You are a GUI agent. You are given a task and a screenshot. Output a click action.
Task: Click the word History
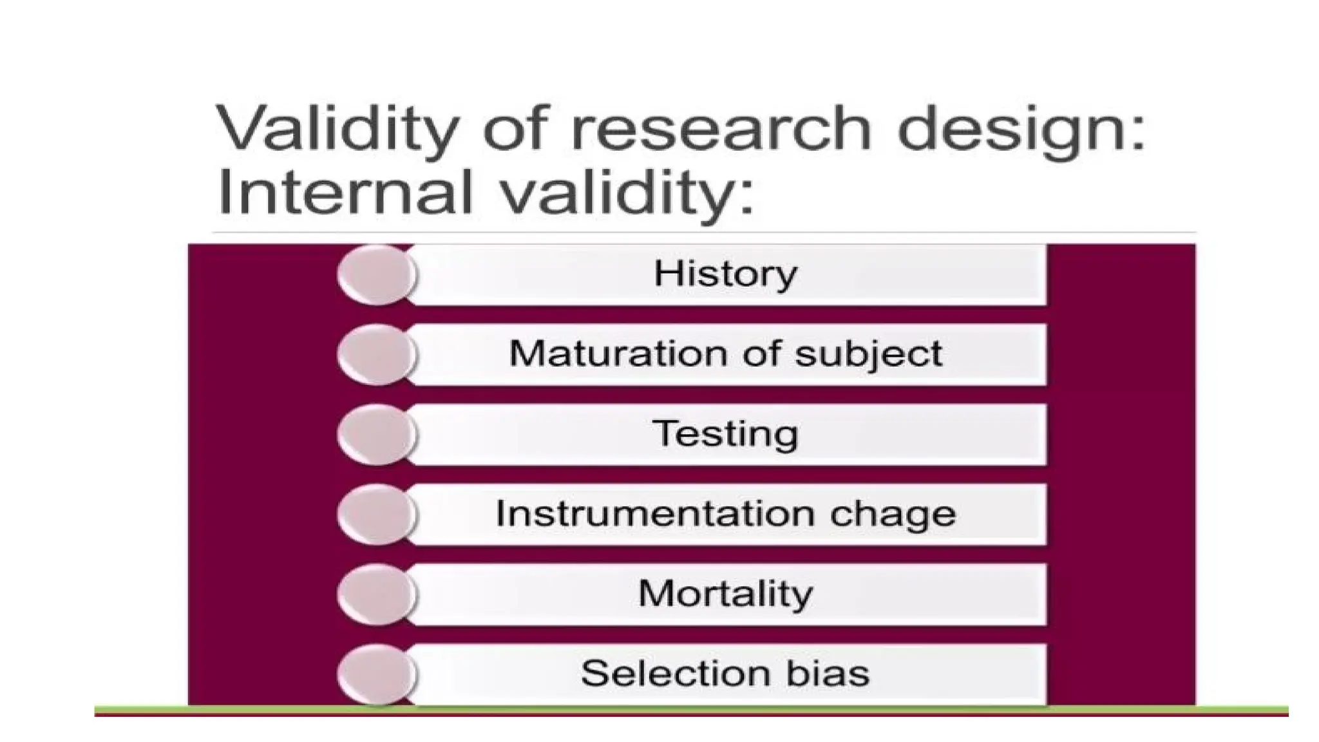click(725, 274)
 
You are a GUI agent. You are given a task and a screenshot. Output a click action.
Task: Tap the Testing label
click(725, 434)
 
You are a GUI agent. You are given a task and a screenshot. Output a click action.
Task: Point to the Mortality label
click(725, 593)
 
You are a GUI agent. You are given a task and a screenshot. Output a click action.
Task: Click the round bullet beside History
click(376, 274)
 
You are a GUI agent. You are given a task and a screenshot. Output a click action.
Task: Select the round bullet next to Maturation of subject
click(376, 354)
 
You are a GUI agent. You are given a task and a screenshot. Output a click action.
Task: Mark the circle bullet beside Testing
click(376, 434)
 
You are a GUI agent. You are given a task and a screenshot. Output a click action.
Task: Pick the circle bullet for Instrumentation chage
click(376, 514)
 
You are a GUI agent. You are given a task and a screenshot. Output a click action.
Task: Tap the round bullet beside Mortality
click(376, 594)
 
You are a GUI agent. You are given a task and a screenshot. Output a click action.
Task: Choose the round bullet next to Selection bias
click(376, 674)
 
